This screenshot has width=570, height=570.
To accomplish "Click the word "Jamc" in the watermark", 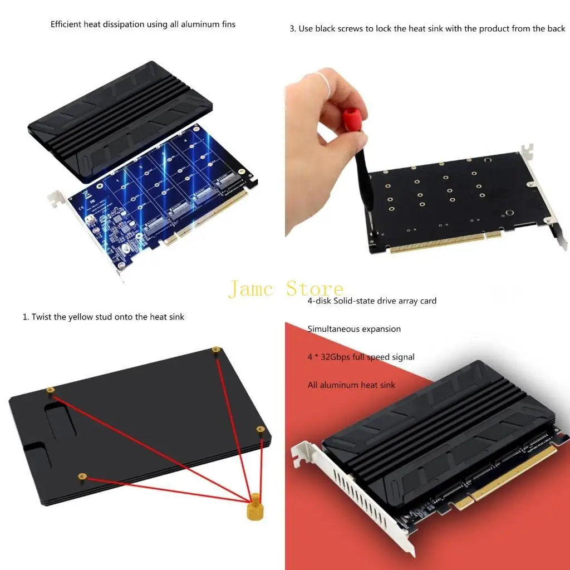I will tap(251, 289).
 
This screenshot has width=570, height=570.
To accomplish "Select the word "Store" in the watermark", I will tap(315, 289).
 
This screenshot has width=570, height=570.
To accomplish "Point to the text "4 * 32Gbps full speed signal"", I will tap(361, 357).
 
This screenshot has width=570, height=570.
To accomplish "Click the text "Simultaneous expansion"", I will tap(354, 329).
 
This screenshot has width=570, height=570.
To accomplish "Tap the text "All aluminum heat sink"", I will tap(351, 385).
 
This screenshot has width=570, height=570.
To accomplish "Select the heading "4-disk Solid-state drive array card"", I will tap(372, 301).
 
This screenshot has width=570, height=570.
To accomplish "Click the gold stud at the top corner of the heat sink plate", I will tap(216, 350).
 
